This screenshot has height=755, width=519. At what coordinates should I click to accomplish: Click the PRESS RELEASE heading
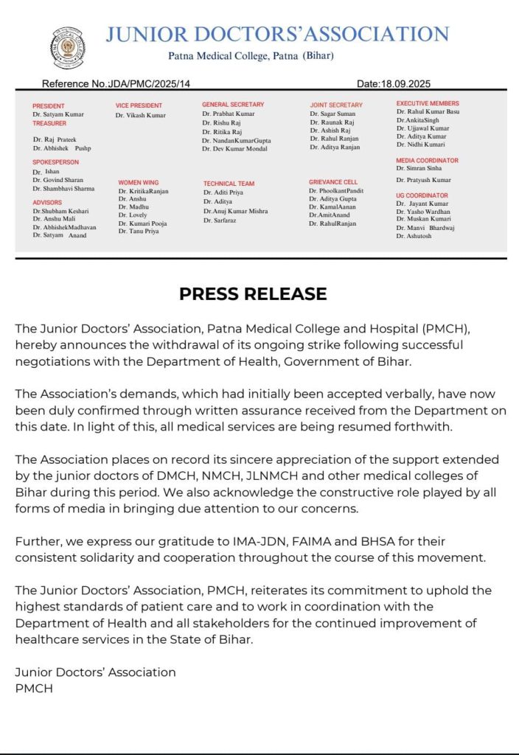(253, 293)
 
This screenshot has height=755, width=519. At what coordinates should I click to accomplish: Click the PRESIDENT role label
(49, 106)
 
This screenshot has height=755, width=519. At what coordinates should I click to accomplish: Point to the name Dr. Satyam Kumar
(58, 115)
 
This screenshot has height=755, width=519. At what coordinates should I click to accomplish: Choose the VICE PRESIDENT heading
(139, 106)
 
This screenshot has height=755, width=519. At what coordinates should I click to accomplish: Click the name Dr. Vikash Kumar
(141, 116)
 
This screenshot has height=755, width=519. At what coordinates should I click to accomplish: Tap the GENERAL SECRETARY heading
(233, 105)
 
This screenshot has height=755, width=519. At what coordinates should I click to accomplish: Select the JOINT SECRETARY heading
(336, 105)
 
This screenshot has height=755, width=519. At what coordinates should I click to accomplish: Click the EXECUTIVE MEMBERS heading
(428, 103)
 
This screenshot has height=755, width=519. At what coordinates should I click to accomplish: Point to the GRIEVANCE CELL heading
(333, 181)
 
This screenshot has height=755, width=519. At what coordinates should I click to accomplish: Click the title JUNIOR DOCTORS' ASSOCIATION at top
(277, 34)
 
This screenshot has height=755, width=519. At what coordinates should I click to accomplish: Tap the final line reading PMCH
(34, 688)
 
